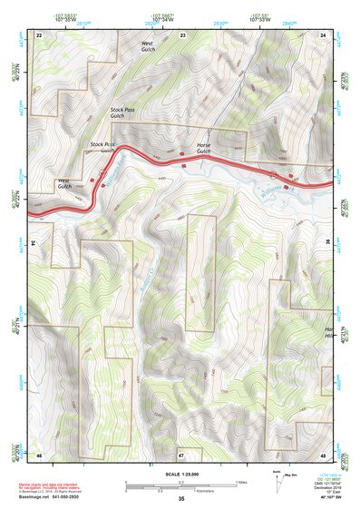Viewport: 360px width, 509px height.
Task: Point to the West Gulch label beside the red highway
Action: click(64, 184)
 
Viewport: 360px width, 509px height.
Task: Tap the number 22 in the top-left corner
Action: click(39, 34)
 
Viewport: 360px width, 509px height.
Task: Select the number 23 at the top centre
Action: click(182, 34)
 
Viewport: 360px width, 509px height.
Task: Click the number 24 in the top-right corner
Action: click(324, 34)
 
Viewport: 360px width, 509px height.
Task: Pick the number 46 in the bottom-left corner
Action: click(39, 454)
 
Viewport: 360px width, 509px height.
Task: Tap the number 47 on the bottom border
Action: click(181, 454)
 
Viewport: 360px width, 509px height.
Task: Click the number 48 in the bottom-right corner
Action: click(324, 454)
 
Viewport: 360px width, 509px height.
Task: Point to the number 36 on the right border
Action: click(325, 243)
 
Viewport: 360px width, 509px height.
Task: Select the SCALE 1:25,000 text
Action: click(180, 475)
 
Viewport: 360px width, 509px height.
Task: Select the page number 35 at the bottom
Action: click(181, 499)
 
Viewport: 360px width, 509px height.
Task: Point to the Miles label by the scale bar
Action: click(239, 482)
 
